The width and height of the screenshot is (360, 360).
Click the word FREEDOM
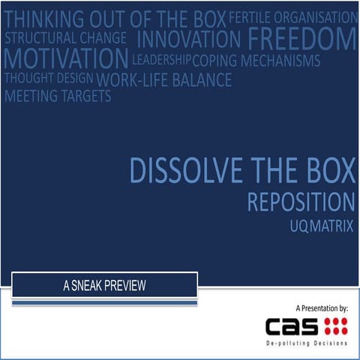click(301, 37)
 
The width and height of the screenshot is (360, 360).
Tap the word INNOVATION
click(189, 37)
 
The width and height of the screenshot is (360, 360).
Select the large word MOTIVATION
click(66, 58)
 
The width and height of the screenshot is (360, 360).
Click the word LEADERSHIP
click(161, 58)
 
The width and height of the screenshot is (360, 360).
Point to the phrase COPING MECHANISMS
click(256, 60)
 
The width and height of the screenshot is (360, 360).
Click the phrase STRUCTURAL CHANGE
click(65, 37)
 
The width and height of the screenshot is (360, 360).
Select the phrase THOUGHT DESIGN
click(49, 77)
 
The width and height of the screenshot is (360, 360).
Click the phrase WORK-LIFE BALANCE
click(164, 79)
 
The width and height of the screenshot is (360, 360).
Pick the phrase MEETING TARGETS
click(58, 96)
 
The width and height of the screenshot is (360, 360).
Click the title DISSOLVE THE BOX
click(241, 172)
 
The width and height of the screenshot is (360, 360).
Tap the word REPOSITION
click(301, 202)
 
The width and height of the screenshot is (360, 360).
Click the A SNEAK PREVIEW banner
click(104, 285)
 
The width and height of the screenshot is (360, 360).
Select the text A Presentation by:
click(322, 307)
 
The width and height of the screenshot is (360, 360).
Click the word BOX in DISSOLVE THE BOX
click(327, 172)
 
